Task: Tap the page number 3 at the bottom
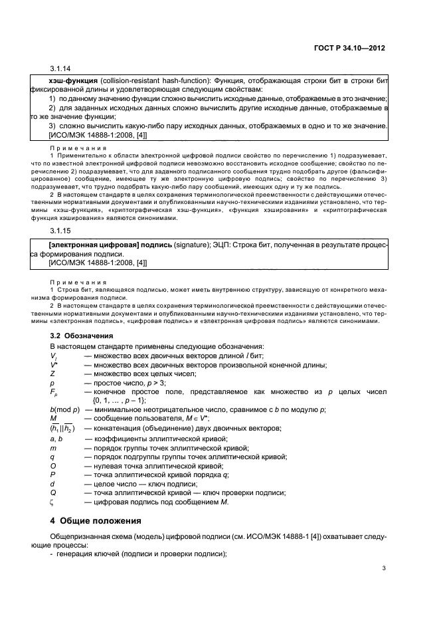pyautogui.click(x=384, y=568)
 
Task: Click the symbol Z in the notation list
pyautogui.click(x=52, y=374)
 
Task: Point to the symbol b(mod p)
pyautogui.click(x=65, y=409)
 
